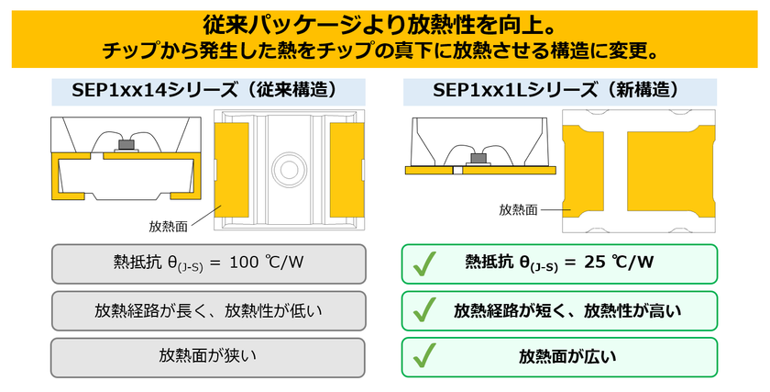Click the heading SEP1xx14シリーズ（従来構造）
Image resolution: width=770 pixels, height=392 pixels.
point(205,91)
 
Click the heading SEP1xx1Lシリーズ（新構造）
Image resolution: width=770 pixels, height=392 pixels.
point(557,91)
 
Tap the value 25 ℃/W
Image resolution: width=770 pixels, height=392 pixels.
point(619,263)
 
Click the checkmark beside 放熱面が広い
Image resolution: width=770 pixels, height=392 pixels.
point(424,355)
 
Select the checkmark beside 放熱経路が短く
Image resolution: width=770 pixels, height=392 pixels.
point(424,310)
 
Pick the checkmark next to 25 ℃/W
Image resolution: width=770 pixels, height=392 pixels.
point(424,263)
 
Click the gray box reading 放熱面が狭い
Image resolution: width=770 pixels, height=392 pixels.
point(208,357)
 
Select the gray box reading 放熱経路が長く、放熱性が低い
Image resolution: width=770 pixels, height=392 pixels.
point(209,311)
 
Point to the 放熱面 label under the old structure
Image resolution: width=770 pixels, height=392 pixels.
point(168,226)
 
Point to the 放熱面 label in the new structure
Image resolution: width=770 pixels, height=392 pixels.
point(518,210)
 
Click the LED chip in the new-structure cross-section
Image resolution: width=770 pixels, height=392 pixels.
point(478,158)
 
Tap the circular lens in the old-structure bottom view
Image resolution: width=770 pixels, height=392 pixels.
point(289,170)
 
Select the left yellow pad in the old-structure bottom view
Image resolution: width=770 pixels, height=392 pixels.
point(232,170)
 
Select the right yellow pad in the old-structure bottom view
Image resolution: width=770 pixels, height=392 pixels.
point(346,170)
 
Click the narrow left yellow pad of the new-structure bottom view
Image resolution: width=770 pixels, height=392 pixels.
point(583,171)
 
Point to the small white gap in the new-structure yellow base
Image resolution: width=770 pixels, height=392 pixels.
point(457,171)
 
